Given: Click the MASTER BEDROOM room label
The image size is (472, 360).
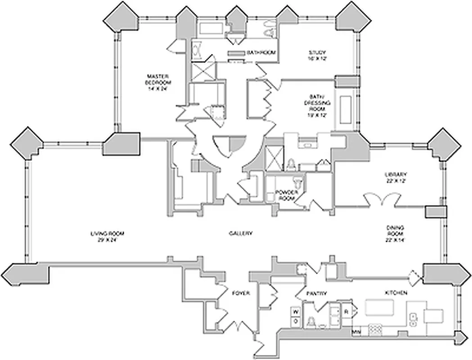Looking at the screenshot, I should (x=158, y=82).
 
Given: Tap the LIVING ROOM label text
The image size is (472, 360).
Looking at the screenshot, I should (x=107, y=237).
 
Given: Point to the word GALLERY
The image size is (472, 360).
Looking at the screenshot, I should (x=241, y=233).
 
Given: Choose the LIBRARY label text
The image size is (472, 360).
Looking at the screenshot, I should (x=396, y=178).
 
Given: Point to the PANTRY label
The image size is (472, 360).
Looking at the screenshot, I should (x=317, y=293).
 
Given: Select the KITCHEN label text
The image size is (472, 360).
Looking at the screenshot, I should (x=396, y=293).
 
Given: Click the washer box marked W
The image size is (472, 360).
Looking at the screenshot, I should (x=296, y=311).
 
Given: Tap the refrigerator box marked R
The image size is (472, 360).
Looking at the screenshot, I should (x=347, y=311).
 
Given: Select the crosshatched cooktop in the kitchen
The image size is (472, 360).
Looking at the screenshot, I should (x=375, y=331).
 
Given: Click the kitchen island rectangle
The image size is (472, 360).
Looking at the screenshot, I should (x=379, y=308).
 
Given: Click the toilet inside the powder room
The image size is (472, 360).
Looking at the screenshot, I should (x=297, y=181).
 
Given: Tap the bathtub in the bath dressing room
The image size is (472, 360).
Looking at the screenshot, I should (x=347, y=108).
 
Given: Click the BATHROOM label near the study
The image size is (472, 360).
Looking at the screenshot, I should (x=261, y=53).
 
